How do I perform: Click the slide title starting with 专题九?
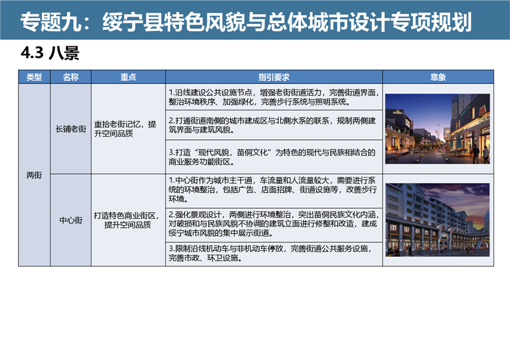point(246,22)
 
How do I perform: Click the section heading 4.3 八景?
point(50,53)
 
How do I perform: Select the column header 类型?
point(34,77)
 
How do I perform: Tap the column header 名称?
point(71,77)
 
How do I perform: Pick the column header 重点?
point(128,77)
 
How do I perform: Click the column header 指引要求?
point(274,77)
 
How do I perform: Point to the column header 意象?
point(438,77)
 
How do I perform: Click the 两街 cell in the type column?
point(34,175)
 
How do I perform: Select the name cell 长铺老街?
point(71,129)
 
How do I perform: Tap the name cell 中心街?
point(71,220)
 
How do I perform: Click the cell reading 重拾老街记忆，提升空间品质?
point(125,129)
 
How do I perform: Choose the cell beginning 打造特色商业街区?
point(127,220)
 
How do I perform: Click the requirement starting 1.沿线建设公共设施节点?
point(274,97)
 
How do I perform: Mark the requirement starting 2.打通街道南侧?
point(272,125)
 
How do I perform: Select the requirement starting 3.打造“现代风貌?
point(272,157)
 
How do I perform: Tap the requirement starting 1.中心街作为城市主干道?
point(272,189)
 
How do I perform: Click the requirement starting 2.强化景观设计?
point(274,223)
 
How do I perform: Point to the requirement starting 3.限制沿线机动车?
point(270,253)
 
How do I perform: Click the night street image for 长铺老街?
point(437,129)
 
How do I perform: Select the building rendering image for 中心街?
point(437,220)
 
